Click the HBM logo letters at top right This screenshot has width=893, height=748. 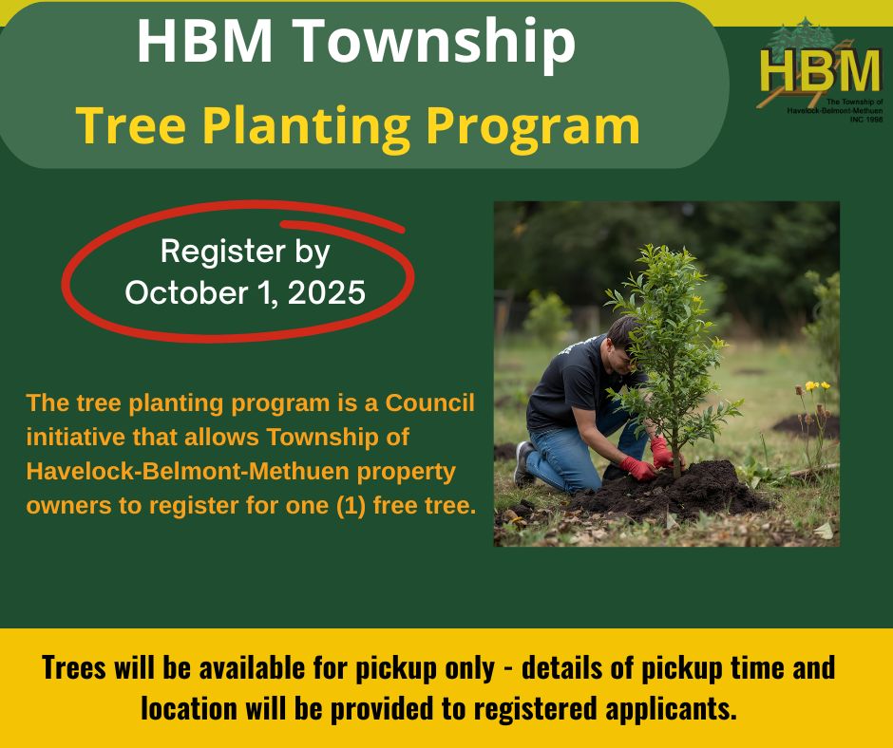[x=820, y=71]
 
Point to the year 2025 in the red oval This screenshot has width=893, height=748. [x=327, y=292]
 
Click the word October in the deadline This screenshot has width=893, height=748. [x=187, y=292]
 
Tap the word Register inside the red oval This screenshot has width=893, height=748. [x=222, y=252]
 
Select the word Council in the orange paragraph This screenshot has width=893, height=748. [x=430, y=403]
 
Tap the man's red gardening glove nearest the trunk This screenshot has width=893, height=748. [x=661, y=453]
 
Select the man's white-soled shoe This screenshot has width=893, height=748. [x=522, y=462]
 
